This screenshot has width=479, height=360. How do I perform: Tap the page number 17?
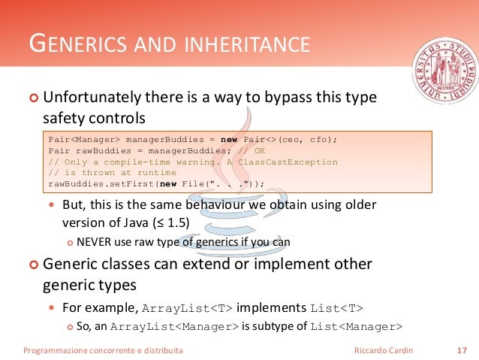[461, 350]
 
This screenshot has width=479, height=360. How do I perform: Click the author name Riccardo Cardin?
[383, 350]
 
